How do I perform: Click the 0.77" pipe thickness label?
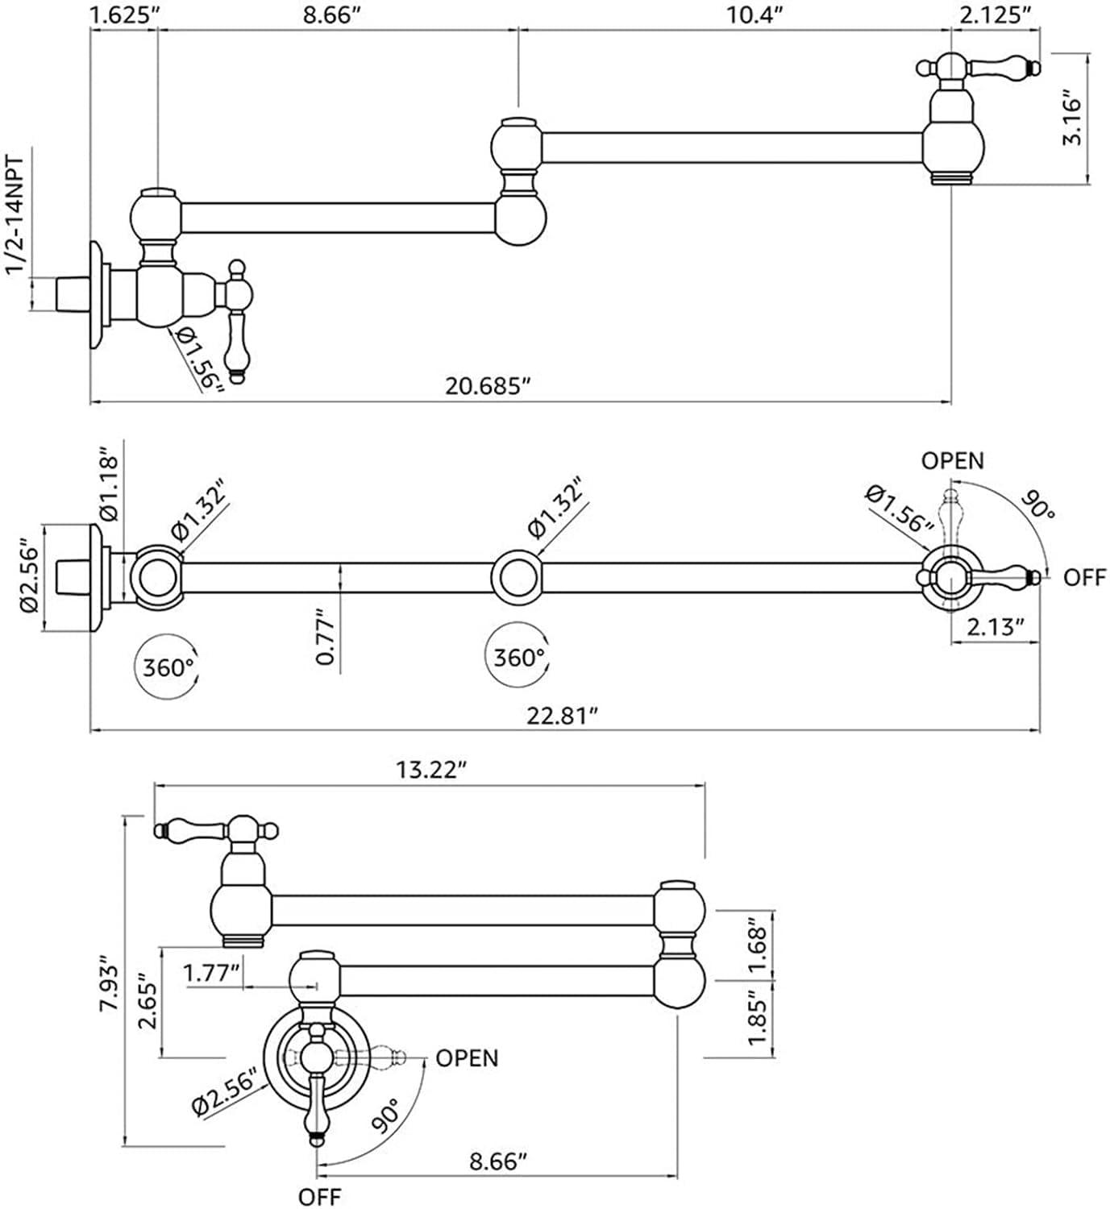pos(326,638)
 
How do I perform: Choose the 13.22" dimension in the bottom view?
pos(431,770)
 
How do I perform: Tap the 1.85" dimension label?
pos(758,1018)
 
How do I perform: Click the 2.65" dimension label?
pos(148,1002)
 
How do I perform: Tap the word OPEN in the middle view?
pos(953,460)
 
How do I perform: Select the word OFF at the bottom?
pos(320,1196)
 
